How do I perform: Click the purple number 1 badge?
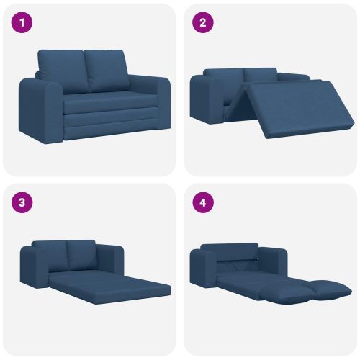pyautogui.click(x=22, y=23)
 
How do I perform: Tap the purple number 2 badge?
pyautogui.click(x=203, y=23)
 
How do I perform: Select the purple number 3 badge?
pyautogui.click(x=22, y=202)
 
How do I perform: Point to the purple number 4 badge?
pyautogui.click(x=203, y=202)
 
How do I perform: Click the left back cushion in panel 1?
pyautogui.click(x=63, y=71)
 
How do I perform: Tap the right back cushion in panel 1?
pyautogui.click(x=107, y=70)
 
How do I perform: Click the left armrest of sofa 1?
pyautogui.click(x=41, y=110)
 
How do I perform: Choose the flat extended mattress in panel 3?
pyautogui.click(x=110, y=287)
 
